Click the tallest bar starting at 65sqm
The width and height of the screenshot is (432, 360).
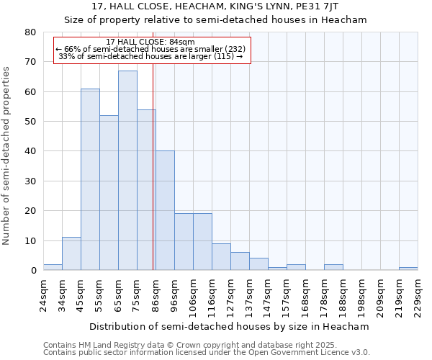(x=127, y=171)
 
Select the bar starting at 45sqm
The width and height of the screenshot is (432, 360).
(x=90, y=179)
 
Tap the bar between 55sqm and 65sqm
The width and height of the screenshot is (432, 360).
(x=109, y=193)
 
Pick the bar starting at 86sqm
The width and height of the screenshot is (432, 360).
(x=165, y=210)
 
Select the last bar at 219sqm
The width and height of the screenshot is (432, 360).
(x=408, y=269)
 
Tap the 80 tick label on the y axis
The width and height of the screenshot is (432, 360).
(x=30, y=32)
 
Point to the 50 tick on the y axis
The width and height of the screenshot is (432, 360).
(x=30, y=122)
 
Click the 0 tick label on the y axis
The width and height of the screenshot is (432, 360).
(x=33, y=271)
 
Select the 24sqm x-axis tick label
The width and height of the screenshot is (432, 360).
(x=44, y=294)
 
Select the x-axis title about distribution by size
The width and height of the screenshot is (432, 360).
(x=230, y=326)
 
